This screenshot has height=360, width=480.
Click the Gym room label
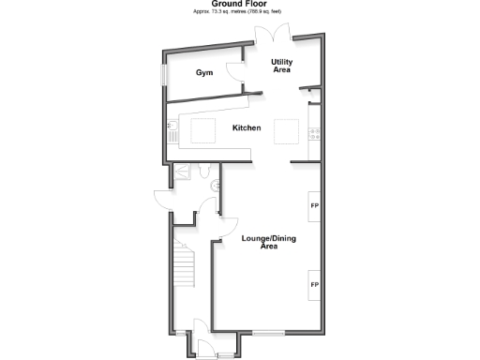pos(204,73)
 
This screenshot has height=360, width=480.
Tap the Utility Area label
pos(282,66)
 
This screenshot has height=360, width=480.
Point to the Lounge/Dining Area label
pos(269,242)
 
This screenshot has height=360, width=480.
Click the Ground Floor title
pos(239,4)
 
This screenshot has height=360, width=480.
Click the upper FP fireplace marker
pos(315,203)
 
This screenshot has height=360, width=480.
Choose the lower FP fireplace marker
pos(315,283)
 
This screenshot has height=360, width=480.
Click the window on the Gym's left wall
pos(164,74)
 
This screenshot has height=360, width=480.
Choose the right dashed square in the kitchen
pos(287,132)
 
